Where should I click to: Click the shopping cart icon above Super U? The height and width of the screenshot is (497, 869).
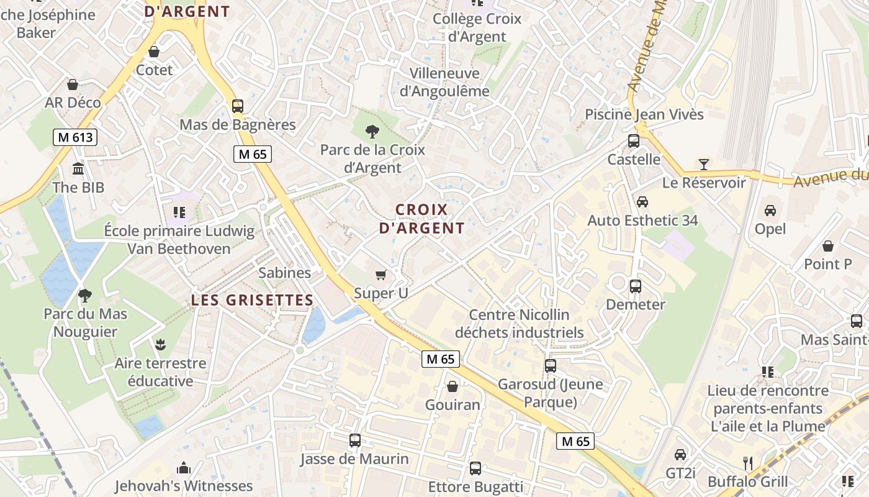pyautogui.click(x=381, y=275)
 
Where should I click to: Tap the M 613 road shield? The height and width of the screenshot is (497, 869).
pyautogui.click(x=76, y=137)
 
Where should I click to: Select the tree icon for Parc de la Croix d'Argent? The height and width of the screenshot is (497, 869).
pyautogui.click(x=372, y=131)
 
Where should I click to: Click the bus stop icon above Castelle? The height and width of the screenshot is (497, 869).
pyautogui.click(x=634, y=141)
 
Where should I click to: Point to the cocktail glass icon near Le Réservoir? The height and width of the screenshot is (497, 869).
pyautogui.click(x=703, y=165)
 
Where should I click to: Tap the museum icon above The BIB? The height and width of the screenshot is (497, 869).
pyautogui.click(x=78, y=169)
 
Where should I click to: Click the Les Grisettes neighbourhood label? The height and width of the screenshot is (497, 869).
pyautogui.click(x=252, y=300)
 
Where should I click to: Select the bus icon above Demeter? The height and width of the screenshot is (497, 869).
pyautogui.click(x=636, y=286)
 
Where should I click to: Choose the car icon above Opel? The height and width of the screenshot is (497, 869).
pyautogui.click(x=770, y=211)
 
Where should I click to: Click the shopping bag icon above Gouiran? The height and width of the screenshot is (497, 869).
pyautogui.click(x=453, y=386)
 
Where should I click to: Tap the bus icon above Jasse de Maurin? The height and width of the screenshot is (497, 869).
pyautogui.click(x=355, y=440)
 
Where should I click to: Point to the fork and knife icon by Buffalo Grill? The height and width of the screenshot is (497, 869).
pyautogui.click(x=748, y=463)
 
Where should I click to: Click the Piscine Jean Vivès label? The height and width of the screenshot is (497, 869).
pyautogui.click(x=644, y=114)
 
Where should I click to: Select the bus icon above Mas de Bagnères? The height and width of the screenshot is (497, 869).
pyautogui.click(x=238, y=106)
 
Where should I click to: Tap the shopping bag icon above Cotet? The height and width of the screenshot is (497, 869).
pyautogui.click(x=154, y=52)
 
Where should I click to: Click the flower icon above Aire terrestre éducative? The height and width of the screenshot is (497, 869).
pyautogui.click(x=160, y=344)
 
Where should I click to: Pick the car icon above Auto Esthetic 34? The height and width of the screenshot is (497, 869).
pyautogui.click(x=642, y=202)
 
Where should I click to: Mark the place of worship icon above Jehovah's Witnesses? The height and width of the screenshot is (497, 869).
pyautogui.click(x=184, y=468)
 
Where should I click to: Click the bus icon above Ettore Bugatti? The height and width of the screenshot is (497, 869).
pyautogui.click(x=475, y=468)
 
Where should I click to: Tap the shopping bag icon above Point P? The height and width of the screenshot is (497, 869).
pyautogui.click(x=828, y=246)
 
